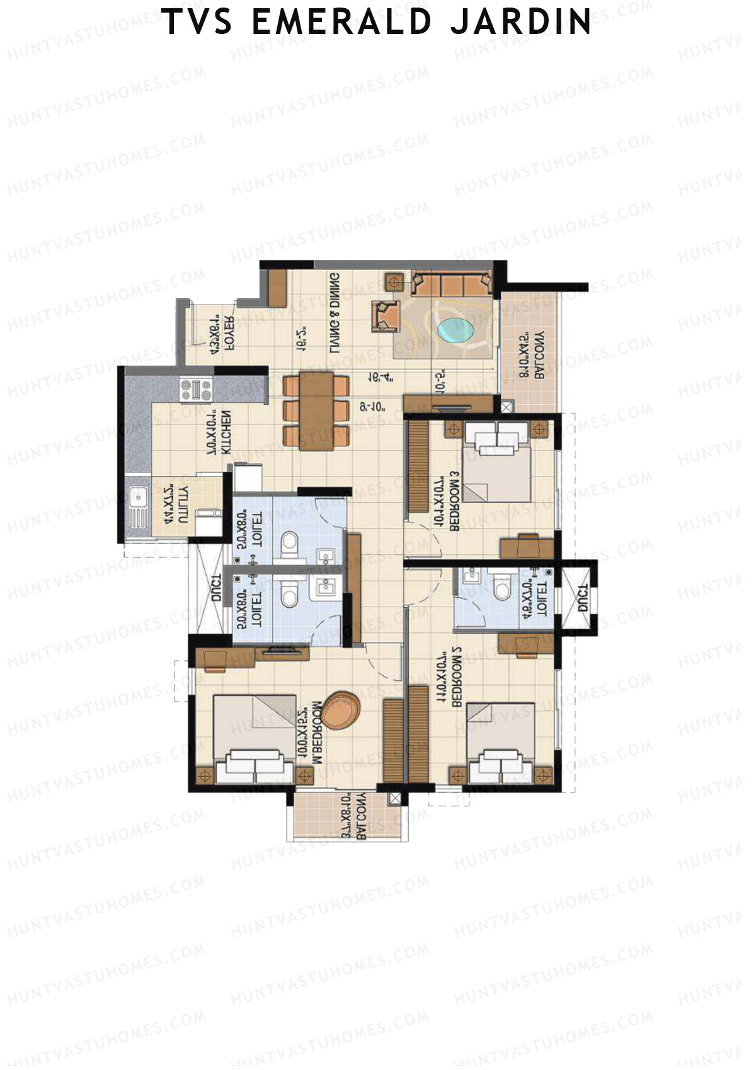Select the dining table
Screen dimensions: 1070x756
click(316, 410)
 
